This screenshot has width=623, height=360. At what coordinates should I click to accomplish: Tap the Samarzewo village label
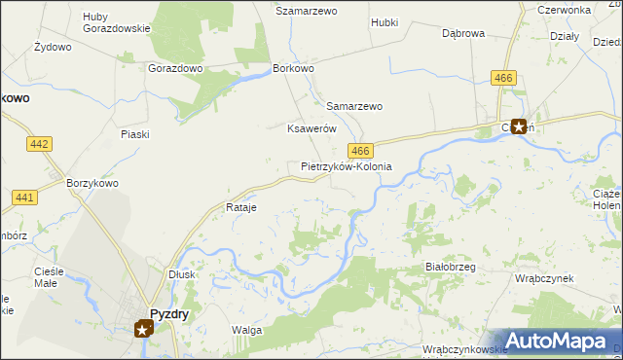pyautogui.click(x=354, y=106)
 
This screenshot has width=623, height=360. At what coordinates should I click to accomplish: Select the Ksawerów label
pyautogui.click(x=311, y=128)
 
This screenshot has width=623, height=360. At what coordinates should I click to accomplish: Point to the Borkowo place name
pyautogui.click(x=294, y=69)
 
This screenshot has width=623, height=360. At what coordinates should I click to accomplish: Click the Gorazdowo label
pyautogui.click(x=175, y=69)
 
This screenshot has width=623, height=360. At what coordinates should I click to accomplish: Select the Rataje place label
pyautogui.click(x=240, y=208)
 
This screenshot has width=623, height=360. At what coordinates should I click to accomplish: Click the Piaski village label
pyautogui.click(x=135, y=134)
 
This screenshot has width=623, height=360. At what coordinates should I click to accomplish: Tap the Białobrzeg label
pyautogui.click(x=450, y=266)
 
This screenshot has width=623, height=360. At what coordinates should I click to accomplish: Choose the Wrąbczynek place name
pyautogui.click(x=544, y=277)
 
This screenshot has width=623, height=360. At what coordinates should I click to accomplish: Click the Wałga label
pyautogui.click(x=246, y=330)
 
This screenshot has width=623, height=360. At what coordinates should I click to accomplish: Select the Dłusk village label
pyautogui.click(x=182, y=274)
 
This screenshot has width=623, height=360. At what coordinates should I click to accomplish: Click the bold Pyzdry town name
pyautogui.click(x=168, y=313)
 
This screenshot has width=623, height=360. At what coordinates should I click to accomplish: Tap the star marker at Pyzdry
pyautogui.click(x=143, y=330)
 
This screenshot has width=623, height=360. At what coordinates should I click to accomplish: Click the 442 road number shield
pyautogui.click(x=40, y=144)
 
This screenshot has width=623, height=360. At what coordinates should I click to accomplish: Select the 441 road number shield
pyautogui.click(x=25, y=198)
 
